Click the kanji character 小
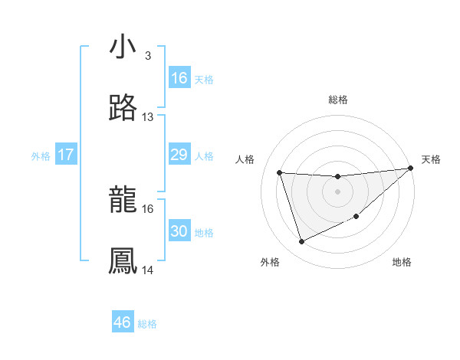tap(123, 47)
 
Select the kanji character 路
tap(123, 109)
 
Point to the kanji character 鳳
tap(123, 261)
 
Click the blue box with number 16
tap(179, 78)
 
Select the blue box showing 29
tap(179, 155)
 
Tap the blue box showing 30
tap(179, 231)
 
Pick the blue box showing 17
tap(66, 155)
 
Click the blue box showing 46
tap(123, 322)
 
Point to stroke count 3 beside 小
tap(147, 56)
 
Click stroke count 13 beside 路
tap(148, 117)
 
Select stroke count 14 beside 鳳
tap(148, 270)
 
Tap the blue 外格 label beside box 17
tap(41, 156)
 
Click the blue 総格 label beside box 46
tap(147, 323)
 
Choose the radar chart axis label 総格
tap(337, 100)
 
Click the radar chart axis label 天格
tap(431, 159)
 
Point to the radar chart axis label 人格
tap(246, 159)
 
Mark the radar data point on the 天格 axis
tap(410, 169)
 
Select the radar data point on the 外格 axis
tap(301, 242)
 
